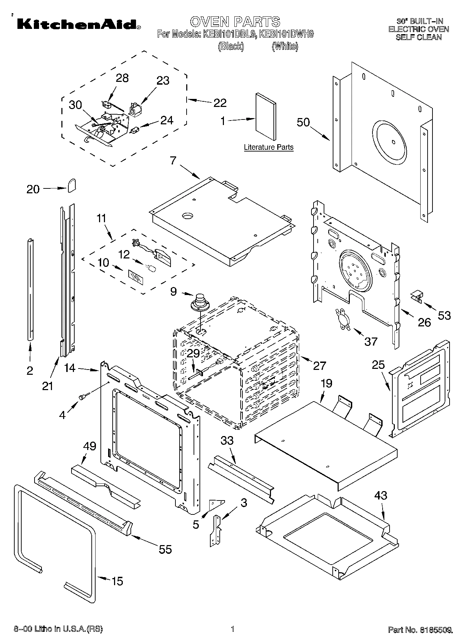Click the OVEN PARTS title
[x=235, y=22]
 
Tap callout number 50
[x=303, y=122]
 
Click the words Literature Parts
[x=269, y=147]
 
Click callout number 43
[x=381, y=496]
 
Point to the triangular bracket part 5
[x=216, y=503]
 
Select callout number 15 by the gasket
[x=117, y=581]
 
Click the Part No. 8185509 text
[x=420, y=629]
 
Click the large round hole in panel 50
[x=390, y=142]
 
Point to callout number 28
[x=122, y=78]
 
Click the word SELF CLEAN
[x=419, y=37]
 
